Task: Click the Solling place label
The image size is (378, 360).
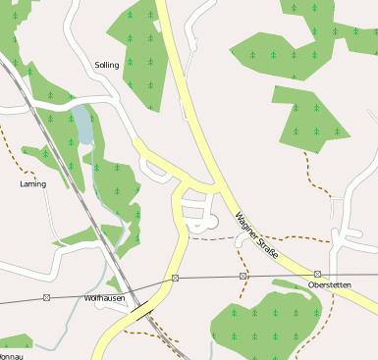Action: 106,65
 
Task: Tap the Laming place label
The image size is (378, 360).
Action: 32,183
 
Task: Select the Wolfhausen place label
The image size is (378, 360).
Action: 105,297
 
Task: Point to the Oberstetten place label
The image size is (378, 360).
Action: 329,284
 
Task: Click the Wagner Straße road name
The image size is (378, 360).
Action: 256,231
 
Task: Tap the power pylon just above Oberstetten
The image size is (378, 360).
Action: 318,274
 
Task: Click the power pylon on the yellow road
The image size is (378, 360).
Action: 175,280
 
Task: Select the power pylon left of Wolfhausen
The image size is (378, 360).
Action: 46,296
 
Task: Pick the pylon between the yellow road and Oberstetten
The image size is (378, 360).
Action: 243,277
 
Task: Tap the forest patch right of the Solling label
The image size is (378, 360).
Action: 141,49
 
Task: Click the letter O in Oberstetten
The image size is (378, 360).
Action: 311,284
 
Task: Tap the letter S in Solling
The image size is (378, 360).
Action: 97,65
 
